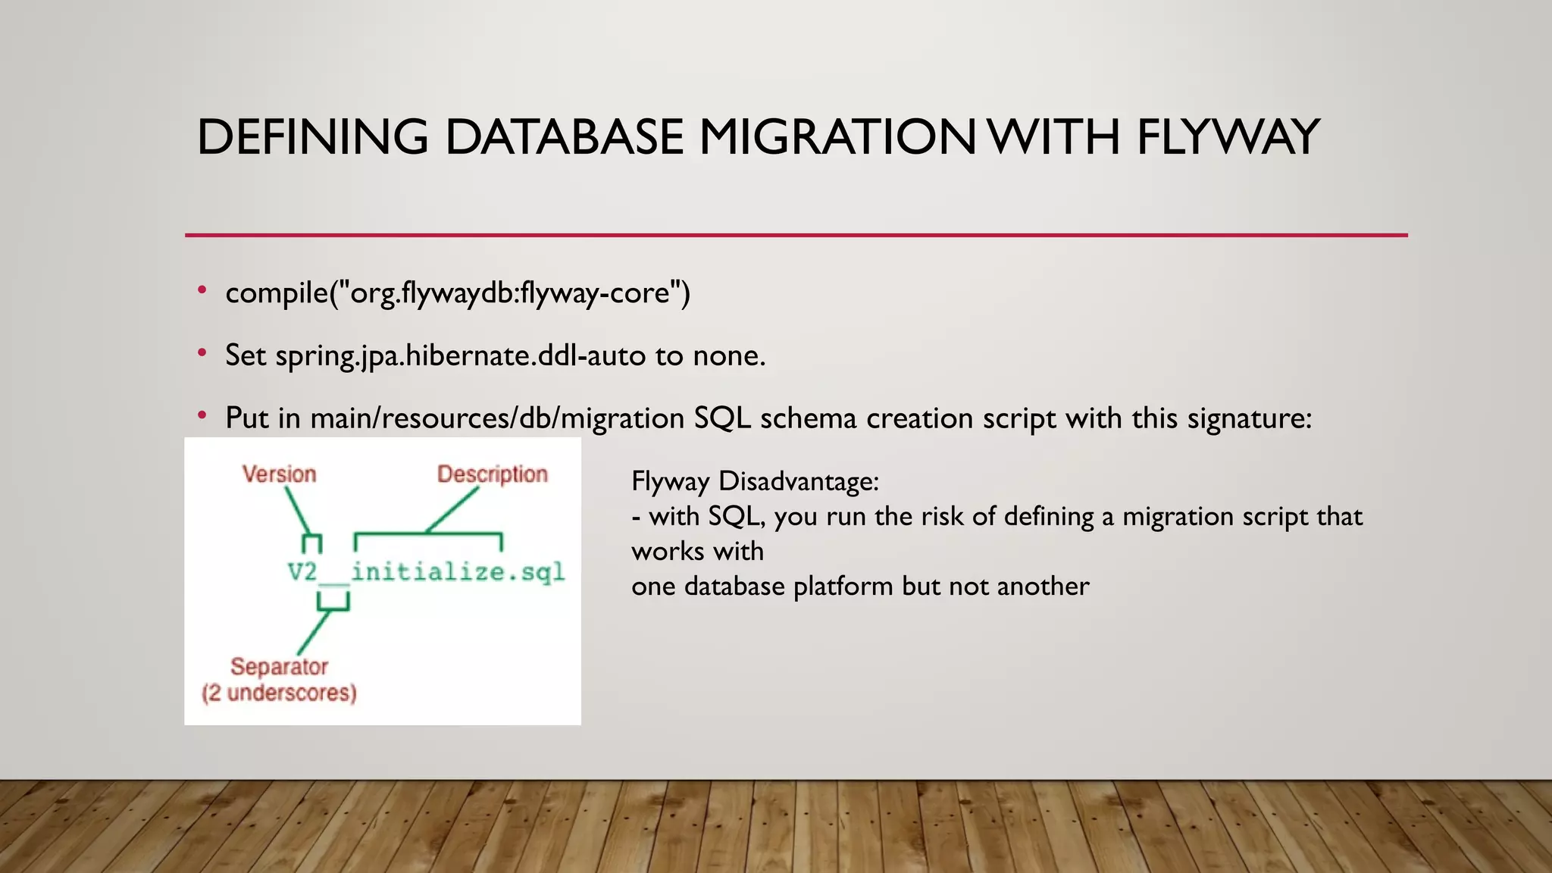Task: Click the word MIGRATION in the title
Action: (x=837, y=137)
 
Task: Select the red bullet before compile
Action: (x=202, y=290)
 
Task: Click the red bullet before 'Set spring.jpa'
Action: (x=202, y=353)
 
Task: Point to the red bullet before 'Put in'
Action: (x=202, y=415)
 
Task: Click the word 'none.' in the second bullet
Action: (x=729, y=355)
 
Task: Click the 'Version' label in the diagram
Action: (x=279, y=474)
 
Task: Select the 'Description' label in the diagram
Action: (x=492, y=474)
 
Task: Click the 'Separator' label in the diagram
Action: (x=279, y=667)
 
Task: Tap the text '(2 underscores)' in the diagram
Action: (x=279, y=693)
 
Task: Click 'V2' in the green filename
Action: (x=302, y=571)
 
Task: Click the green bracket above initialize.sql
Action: (x=428, y=536)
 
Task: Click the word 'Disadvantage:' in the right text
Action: (x=799, y=481)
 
